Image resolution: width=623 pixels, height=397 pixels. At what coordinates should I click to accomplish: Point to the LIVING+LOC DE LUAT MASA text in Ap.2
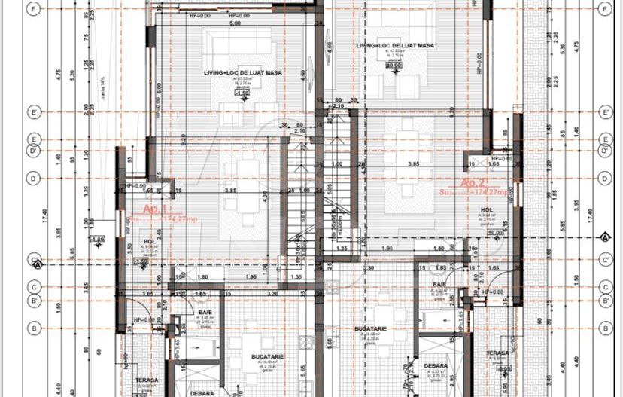coord(394,45)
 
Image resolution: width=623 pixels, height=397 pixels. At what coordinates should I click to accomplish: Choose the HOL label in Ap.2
coord(487,210)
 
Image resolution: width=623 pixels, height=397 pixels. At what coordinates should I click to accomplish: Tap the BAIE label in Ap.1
coord(205,312)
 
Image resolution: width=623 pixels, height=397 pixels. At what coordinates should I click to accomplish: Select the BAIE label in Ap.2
coord(439,284)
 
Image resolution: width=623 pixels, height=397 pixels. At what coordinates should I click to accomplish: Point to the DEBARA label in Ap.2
coord(440,366)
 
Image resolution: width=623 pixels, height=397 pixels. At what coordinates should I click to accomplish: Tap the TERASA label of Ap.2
coord(495,353)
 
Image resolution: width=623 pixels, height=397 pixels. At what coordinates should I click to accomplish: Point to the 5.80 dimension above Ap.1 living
coord(214,23)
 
